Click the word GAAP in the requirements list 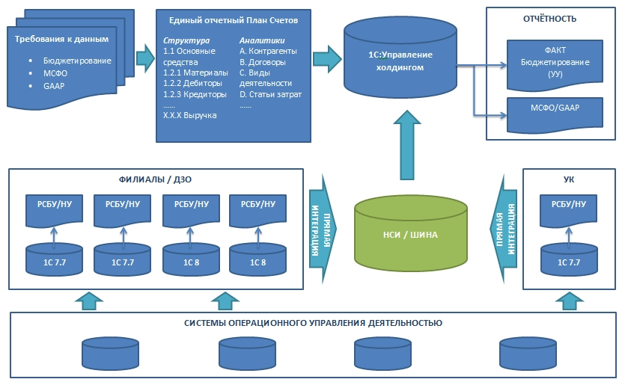point(53,86)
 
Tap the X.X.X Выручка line point(189,116)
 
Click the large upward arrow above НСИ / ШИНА point(406,145)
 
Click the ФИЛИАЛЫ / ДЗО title point(155,179)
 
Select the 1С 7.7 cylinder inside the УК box point(568,261)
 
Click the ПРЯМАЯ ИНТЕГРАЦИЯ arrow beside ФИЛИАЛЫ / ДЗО point(323,229)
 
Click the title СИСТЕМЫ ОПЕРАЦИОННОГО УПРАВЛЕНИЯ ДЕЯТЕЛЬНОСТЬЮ point(313,323)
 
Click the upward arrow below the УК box point(569,300)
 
